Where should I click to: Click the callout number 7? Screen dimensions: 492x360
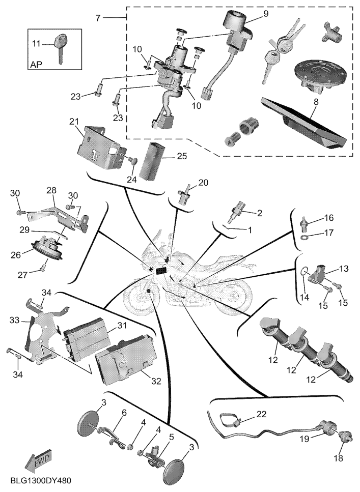(98, 18)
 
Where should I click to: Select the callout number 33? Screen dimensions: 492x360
(14, 321)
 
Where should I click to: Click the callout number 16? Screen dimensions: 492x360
(328, 218)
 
